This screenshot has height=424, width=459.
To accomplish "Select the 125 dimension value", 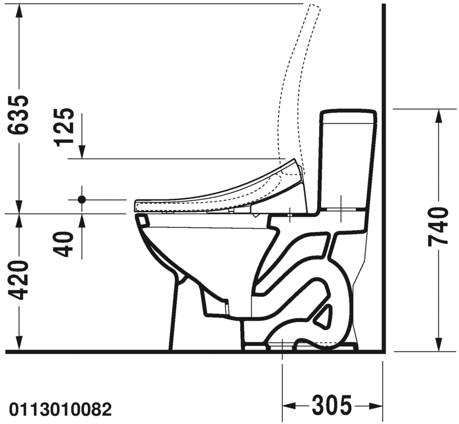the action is (x=64, y=126).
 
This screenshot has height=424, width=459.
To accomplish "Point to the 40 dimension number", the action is (x=64, y=244).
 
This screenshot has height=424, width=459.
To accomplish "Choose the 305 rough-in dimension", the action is (x=332, y=406).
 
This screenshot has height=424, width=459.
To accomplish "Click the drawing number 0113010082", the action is (x=61, y=410).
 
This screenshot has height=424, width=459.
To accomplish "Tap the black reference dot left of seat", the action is (x=82, y=199).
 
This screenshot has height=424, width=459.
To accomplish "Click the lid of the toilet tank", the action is (x=348, y=117).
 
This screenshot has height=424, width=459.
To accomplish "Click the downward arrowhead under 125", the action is (x=82, y=152).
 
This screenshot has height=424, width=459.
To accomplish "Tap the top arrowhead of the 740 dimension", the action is (x=438, y=116).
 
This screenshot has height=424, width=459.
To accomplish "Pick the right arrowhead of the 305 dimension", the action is (x=376, y=406).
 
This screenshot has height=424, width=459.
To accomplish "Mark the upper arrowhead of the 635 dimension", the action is (x=19, y=11).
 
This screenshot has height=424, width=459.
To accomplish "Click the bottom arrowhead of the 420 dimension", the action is (x=19, y=343).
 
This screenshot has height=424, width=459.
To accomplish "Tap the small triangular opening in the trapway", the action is (x=325, y=317).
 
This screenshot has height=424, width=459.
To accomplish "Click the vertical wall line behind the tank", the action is (x=384, y=178).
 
